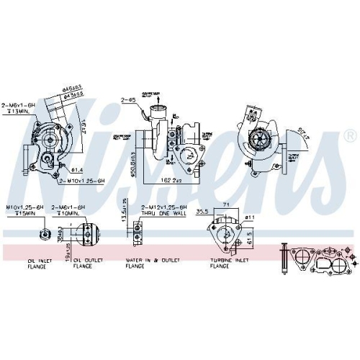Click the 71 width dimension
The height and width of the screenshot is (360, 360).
point(227,205)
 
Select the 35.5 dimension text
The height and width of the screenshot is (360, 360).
point(202,212)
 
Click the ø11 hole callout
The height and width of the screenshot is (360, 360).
point(248,216)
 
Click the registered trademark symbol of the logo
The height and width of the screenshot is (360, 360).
point(350,135)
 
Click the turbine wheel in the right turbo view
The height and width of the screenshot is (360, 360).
point(257,136)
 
